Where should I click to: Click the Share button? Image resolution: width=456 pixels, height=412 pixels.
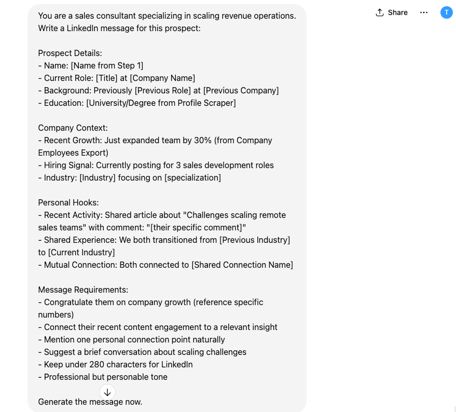[392, 12]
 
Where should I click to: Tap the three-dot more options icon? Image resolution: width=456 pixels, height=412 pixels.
[424, 12]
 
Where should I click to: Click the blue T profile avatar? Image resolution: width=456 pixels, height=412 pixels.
[446, 12]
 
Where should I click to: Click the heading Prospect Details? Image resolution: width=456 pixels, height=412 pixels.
[70, 53]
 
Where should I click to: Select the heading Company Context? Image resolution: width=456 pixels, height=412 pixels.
[73, 128]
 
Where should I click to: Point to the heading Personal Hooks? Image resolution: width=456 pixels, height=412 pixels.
[68, 202]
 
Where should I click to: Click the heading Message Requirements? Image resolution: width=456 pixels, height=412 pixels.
[83, 290]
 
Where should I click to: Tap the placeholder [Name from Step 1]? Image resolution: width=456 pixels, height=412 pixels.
[107, 65]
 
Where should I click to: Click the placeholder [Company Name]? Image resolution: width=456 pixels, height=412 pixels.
[162, 78]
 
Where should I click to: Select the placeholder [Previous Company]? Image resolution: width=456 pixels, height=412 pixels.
[241, 90]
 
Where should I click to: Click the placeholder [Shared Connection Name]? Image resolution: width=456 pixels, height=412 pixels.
[242, 265]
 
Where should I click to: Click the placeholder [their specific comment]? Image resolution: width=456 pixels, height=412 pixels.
[198, 227]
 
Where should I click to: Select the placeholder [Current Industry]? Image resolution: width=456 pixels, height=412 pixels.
[81, 252]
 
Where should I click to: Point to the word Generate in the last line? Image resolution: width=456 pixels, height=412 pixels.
[56, 402]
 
